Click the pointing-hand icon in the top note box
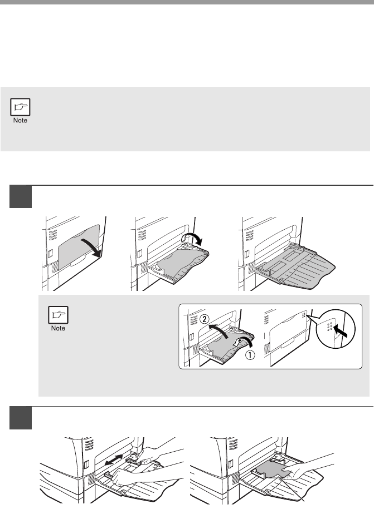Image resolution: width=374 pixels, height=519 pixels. point(20,107)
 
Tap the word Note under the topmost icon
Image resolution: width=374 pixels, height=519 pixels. point(20,121)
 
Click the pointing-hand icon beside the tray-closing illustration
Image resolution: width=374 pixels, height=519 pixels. point(58,315)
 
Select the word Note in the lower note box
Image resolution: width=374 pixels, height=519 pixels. point(58,328)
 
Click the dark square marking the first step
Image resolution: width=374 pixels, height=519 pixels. point(21,196)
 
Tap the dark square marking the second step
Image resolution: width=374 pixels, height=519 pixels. point(21,418)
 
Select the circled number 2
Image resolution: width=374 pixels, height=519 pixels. point(205,319)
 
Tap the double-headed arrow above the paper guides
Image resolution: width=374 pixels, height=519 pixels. point(113,461)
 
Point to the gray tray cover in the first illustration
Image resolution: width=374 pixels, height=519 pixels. point(79,246)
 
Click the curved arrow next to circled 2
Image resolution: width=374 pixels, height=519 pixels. point(219,330)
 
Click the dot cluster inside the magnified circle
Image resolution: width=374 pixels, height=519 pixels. point(330,326)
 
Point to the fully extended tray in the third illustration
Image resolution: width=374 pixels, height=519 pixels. point(295,265)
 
